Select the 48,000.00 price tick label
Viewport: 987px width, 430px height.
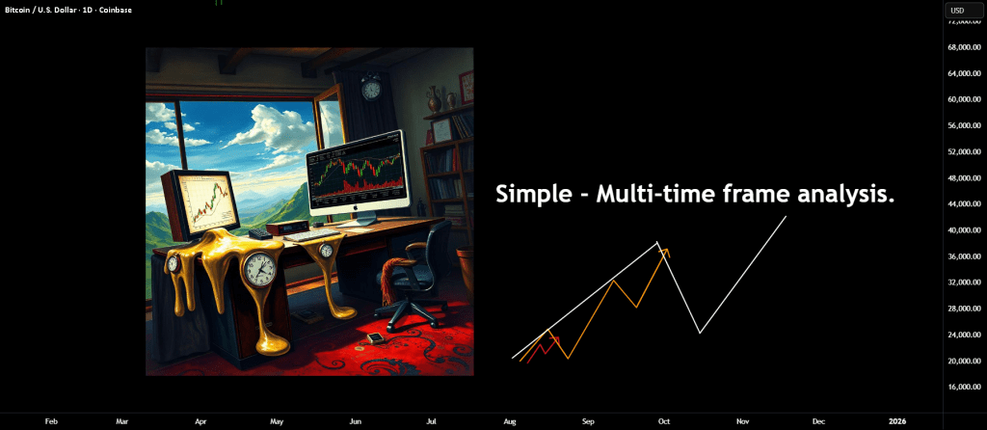[965, 178]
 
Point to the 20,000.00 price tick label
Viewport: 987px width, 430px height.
[965, 361]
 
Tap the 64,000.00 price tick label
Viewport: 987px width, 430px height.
[965, 73]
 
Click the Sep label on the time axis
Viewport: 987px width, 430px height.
[588, 421]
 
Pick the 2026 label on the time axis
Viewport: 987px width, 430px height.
[895, 421]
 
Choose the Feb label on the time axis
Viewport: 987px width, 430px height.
[52, 421]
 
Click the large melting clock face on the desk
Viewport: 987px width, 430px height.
[259, 268]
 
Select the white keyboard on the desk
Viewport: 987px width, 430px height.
[311, 235]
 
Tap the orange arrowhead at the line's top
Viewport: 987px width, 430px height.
[665, 253]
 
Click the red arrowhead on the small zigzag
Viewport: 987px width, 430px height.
[555, 339]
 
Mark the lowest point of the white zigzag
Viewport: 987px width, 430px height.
[700, 333]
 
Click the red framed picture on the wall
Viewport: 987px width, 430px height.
[466, 87]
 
